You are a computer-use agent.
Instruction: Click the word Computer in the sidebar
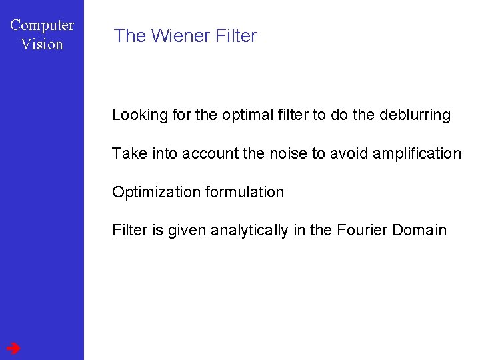(x=42, y=25)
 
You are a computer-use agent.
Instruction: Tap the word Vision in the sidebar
(x=42, y=45)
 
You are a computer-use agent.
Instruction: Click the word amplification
(x=417, y=153)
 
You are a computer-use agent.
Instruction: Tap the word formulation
(x=245, y=192)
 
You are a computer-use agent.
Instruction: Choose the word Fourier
(x=362, y=231)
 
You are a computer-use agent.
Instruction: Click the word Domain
(x=419, y=231)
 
